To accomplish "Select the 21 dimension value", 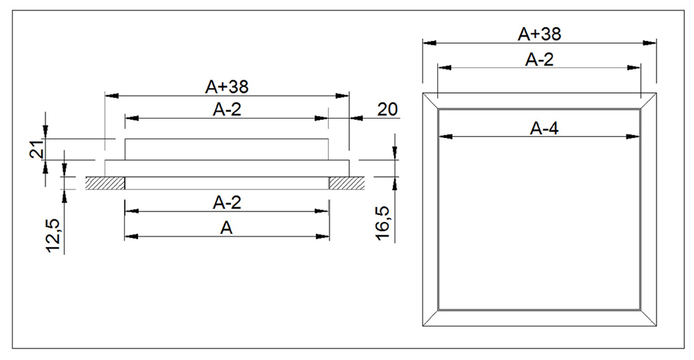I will coord(38,148).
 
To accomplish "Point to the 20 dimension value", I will coord(387,110).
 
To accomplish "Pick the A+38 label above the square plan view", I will coord(539,33).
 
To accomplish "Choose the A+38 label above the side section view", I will coord(226,87).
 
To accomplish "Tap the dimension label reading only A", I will coord(226,227).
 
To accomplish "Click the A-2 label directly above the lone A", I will coord(226,203).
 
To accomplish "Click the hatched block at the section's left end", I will coord(105,183).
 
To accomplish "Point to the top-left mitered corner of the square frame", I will coord(431,101).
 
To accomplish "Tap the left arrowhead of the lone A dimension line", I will coord(130,237).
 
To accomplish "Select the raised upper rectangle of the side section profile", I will coord(226,149).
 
